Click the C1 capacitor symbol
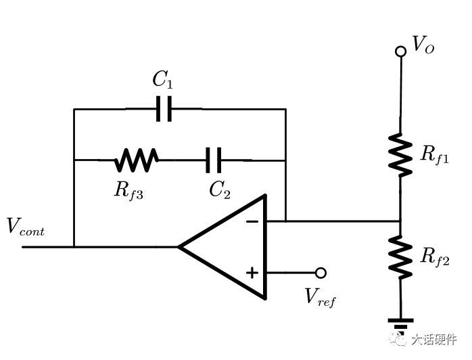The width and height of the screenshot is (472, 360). tap(164, 109)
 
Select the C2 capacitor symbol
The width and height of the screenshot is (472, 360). tap(214, 160)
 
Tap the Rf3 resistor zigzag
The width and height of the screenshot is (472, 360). tap(136, 160)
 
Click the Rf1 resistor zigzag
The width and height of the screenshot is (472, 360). tap(400, 155)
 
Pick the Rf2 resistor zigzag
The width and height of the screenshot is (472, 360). tap(400, 257)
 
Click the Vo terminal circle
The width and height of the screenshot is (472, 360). tap(400, 51)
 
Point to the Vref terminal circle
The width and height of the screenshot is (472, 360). tap(321, 273)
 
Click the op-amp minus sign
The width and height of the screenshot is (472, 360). tap(252, 222)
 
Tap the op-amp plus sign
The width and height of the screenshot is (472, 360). tap(252, 273)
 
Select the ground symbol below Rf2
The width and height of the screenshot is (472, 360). tap(400, 324)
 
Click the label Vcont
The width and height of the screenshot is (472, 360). tap(26, 226)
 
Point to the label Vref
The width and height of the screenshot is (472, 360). tap(320, 297)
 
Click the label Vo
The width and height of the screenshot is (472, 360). tap(423, 45)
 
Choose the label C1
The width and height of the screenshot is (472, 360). tap(163, 80)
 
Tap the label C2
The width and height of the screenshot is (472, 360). tap(220, 190)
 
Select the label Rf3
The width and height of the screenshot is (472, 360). tap(128, 192)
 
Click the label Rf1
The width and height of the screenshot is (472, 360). tap(434, 155)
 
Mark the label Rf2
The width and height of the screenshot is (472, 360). tap(435, 257)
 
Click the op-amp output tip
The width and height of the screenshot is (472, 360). tap(179, 247)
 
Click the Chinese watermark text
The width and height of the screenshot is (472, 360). tap(433, 340)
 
